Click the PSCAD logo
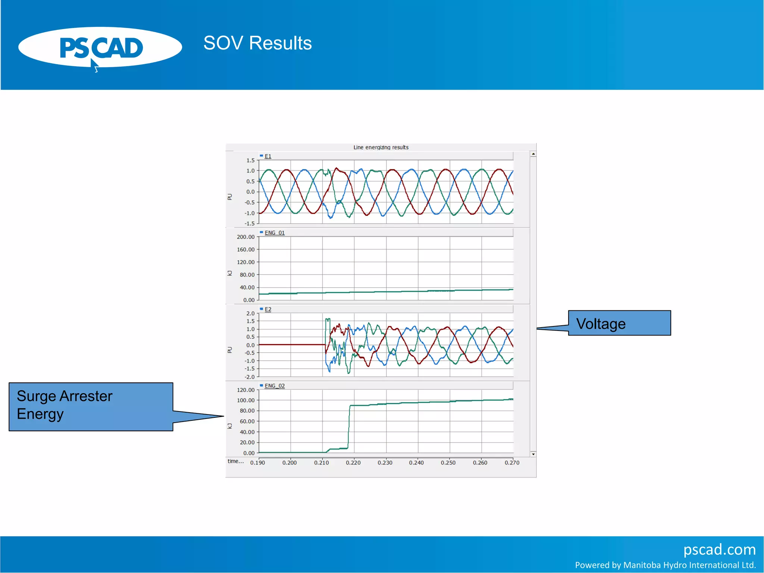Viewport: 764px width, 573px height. coord(100,48)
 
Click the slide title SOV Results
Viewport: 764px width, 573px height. coord(257,43)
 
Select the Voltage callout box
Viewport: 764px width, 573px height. coord(619,323)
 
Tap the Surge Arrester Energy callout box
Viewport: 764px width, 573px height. coord(91,406)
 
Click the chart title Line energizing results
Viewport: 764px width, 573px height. coord(381,147)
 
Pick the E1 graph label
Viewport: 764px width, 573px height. coord(268,156)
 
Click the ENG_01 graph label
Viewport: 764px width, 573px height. coord(274,233)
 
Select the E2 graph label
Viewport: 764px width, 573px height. coord(268,309)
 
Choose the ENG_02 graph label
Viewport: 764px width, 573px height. coord(274,386)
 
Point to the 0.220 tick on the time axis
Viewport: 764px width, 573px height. coord(353,463)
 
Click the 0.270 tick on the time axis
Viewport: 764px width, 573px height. coord(512,463)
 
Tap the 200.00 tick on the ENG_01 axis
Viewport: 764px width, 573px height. coord(245,237)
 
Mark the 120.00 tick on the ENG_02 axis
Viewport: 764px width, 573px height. coord(245,390)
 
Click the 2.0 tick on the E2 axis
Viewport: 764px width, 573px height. coord(250,313)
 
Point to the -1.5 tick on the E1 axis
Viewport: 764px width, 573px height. coord(250,223)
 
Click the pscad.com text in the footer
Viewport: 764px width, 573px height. coord(719,549)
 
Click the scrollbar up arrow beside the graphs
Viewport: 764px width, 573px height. coord(533,154)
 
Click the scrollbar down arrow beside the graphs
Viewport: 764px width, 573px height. coord(533,454)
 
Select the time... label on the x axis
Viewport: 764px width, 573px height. coord(235,461)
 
